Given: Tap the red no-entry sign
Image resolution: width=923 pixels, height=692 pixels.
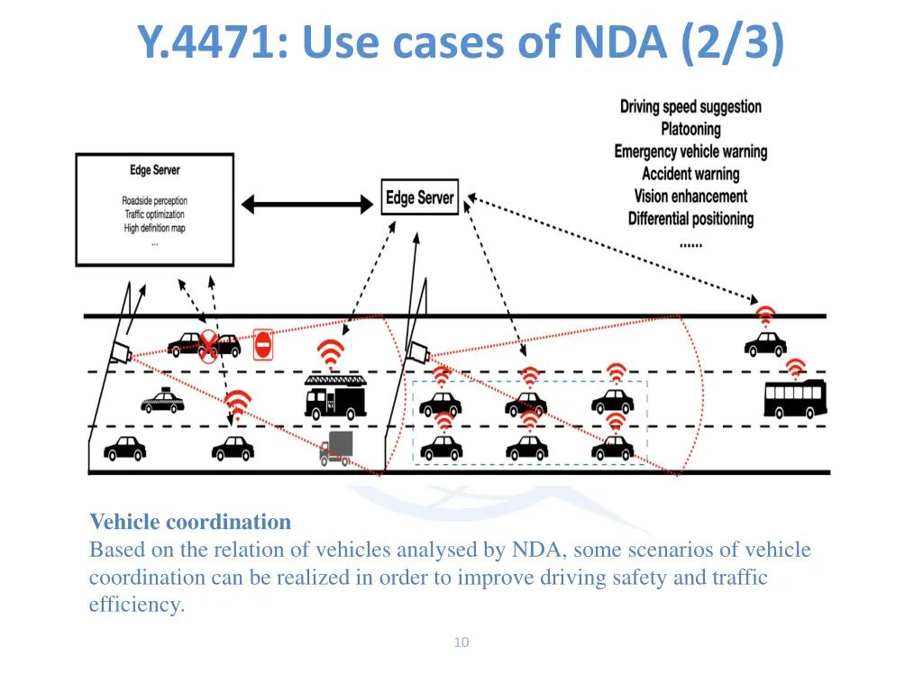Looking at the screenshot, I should (263, 344).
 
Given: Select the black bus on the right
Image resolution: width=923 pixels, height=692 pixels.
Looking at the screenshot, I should (794, 398).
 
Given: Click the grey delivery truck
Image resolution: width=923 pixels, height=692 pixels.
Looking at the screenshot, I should (336, 447).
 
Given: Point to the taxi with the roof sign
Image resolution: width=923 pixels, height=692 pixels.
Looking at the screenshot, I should (162, 401).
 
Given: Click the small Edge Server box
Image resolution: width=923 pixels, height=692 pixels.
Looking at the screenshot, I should (420, 198).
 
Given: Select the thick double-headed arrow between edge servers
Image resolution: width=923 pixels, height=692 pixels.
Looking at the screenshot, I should (307, 205).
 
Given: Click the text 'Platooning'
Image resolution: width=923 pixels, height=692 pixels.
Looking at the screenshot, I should (690, 129).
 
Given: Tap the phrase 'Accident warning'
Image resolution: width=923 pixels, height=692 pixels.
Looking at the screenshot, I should (690, 174).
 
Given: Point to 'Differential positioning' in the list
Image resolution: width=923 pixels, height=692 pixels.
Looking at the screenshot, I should (690, 218).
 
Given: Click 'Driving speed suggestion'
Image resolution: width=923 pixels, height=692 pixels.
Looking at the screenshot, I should (690, 106).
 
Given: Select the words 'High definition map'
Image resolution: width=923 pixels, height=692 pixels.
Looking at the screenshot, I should (154, 228).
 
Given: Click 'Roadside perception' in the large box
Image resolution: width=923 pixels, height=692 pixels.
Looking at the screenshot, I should (154, 201).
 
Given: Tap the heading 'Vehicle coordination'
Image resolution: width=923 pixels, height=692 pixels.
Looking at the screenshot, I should (190, 522).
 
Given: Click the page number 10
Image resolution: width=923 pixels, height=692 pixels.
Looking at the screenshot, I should (461, 642).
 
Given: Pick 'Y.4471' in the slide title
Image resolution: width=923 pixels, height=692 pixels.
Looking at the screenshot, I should (207, 42).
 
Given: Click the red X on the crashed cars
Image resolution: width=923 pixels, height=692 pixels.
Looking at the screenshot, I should (209, 345).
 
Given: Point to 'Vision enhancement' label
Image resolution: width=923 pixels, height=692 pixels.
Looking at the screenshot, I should (690, 196).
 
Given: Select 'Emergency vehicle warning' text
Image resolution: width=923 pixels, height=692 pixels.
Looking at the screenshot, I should (690, 151).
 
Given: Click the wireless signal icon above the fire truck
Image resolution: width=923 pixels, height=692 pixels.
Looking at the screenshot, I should (331, 353).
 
